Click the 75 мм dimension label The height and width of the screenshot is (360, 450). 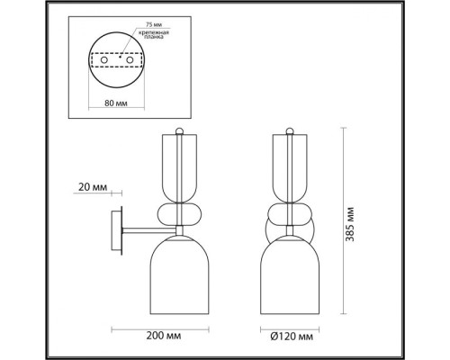click(154, 24)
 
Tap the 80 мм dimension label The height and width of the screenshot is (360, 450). click(116, 103)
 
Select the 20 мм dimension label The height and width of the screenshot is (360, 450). click(93, 187)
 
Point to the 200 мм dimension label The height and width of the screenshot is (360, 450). click(164, 336)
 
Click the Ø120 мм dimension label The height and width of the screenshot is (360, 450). click(292, 337)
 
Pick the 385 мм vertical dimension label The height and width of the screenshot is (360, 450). click(350, 224)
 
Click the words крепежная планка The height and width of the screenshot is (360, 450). click(154, 34)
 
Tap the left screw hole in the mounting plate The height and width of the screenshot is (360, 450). click(104, 60)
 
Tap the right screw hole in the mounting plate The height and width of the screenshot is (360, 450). click(130, 60)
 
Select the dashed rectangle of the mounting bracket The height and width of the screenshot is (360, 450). click(116, 53)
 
